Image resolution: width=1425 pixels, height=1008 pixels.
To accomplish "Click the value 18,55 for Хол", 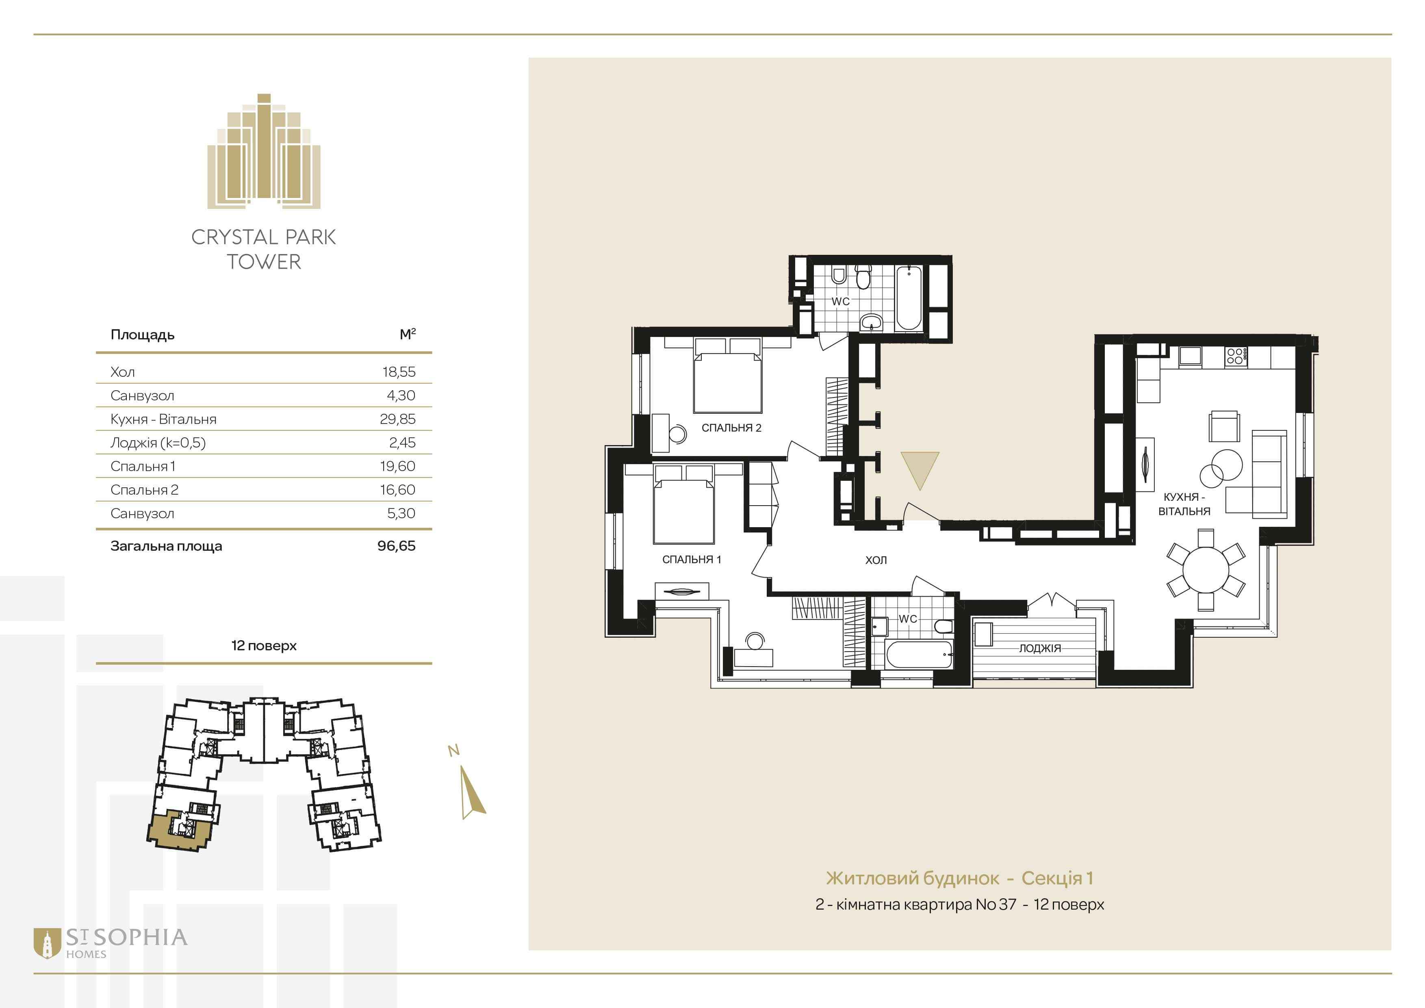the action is (x=399, y=372).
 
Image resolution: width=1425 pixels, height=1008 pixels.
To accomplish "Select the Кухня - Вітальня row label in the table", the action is (x=163, y=419).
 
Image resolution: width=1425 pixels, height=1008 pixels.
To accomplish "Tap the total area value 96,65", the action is (x=397, y=545).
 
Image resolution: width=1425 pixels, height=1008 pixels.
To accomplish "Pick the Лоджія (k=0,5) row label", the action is (x=158, y=443).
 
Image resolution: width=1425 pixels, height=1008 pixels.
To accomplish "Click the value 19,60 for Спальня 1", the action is (x=398, y=466).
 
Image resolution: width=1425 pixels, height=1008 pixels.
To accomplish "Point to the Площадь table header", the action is (x=142, y=335).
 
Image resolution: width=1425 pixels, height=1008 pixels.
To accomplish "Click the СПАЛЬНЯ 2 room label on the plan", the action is (x=731, y=428).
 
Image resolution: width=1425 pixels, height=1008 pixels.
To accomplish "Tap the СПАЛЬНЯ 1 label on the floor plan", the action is (x=692, y=559).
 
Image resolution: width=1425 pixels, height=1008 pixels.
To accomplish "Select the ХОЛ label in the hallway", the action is (x=876, y=560).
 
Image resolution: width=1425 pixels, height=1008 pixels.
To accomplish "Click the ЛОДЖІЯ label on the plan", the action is (x=1039, y=648).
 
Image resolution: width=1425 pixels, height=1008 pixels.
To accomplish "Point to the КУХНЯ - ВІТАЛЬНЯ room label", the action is (x=1184, y=504).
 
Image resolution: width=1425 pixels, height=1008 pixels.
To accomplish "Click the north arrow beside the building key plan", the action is (x=472, y=792).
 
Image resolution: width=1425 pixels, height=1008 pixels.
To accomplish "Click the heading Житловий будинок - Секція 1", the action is (x=959, y=878).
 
